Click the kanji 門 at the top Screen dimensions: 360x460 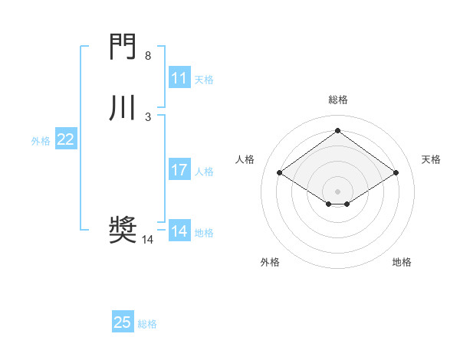click(x=123, y=48)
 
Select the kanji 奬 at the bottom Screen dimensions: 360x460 click(x=123, y=229)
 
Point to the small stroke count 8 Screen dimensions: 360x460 click(x=148, y=56)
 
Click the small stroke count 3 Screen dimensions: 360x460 click(x=148, y=116)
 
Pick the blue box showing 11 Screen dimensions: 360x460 click(x=179, y=78)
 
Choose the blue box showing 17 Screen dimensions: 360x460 click(x=179, y=170)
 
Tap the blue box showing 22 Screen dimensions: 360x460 click(x=66, y=139)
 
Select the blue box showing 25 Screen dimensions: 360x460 click(x=122, y=322)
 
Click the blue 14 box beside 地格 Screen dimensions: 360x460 click(x=179, y=231)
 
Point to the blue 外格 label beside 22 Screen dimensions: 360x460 click(x=41, y=141)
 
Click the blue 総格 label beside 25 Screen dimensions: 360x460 click(x=147, y=324)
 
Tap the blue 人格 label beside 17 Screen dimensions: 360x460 click(x=204, y=172)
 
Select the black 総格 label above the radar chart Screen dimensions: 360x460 click(x=338, y=100)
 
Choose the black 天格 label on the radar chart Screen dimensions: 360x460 click(x=431, y=159)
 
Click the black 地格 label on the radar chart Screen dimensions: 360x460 click(x=402, y=262)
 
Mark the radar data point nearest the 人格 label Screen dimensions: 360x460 click(x=280, y=173)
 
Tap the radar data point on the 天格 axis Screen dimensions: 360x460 click(x=396, y=173)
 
